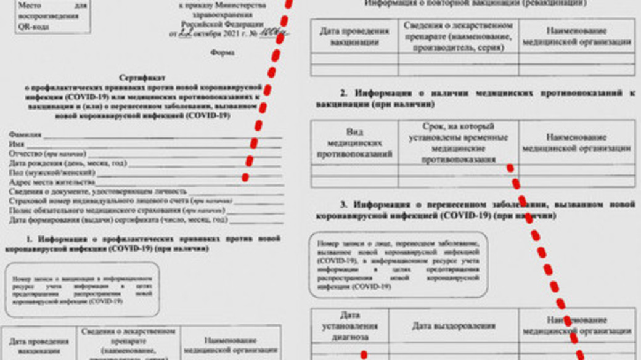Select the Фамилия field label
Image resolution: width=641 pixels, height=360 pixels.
pyautogui.click(x=25, y=134)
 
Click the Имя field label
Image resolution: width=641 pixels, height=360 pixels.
pyautogui.click(x=17, y=144)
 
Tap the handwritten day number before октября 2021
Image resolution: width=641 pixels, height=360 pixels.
pyautogui.click(x=184, y=33)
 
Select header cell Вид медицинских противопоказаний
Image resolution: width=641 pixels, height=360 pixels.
pyautogui.click(x=354, y=142)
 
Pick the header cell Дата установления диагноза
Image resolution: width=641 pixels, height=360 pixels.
pyautogui.click(x=349, y=325)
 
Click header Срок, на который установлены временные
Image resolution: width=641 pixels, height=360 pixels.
pyautogui.click(x=458, y=142)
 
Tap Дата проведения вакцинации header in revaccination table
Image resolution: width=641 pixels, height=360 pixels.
pyautogui.click(x=354, y=36)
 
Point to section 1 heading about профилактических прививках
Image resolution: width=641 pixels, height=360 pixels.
pyautogui.click(x=142, y=243)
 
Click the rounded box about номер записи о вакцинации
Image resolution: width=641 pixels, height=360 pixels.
pyautogui.click(x=82, y=289)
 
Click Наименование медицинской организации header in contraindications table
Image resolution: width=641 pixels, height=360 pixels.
pyautogui.click(x=576, y=142)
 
